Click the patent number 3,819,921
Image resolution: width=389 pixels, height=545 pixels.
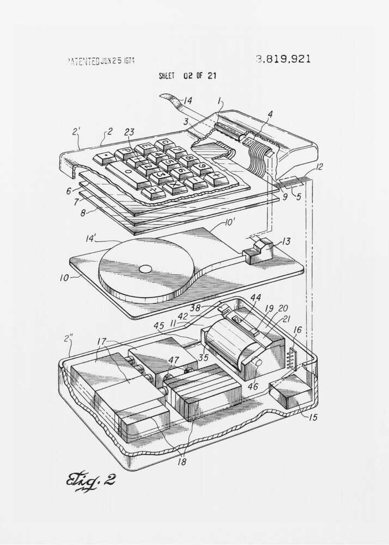pyautogui.click(x=283, y=59)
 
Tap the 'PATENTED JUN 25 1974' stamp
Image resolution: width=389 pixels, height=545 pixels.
pyautogui.click(x=101, y=60)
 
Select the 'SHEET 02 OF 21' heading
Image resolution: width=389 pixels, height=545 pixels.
pyautogui.click(x=187, y=76)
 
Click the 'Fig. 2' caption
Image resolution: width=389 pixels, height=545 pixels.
pyautogui.click(x=90, y=480)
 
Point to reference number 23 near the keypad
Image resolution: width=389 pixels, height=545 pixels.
pyautogui.click(x=129, y=131)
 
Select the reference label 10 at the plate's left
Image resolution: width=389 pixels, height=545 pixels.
pyautogui.click(x=64, y=277)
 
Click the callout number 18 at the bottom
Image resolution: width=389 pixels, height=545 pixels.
pyautogui.click(x=181, y=462)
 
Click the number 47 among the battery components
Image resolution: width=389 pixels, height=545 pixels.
pyautogui.click(x=173, y=360)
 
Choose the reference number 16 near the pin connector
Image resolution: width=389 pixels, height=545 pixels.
pyautogui.click(x=297, y=330)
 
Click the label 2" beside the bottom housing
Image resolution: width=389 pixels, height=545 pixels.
pyautogui.click(x=68, y=338)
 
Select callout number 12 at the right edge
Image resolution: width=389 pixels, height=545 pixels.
pyautogui.click(x=319, y=167)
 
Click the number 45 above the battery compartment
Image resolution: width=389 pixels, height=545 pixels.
pyautogui.click(x=159, y=326)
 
